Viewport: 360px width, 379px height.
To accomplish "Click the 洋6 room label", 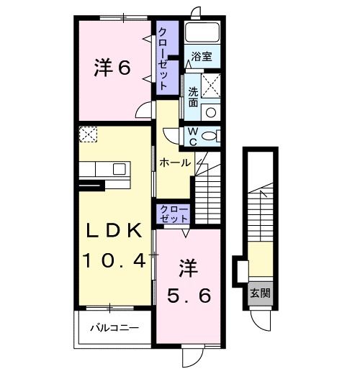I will click(112, 68).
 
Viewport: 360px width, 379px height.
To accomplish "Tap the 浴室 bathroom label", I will click(201, 57).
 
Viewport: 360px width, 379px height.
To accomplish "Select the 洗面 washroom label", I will click(194, 97).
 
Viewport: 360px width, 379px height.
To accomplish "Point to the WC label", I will click(194, 135).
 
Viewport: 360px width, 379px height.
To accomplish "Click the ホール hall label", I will click(175, 163).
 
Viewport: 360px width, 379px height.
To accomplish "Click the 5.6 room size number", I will click(189, 295).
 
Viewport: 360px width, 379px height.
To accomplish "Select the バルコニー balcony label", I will click(114, 328).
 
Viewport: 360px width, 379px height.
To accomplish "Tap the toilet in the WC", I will click(211, 135).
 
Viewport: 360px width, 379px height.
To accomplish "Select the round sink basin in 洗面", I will click(210, 111).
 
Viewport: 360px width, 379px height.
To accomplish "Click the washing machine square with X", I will click(210, 86).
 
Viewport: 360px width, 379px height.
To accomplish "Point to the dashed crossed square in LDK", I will click(88, 134).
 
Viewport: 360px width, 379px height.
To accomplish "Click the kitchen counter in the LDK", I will click(104, 170).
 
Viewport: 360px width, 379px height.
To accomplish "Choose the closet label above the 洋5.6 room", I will click(174, 214).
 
